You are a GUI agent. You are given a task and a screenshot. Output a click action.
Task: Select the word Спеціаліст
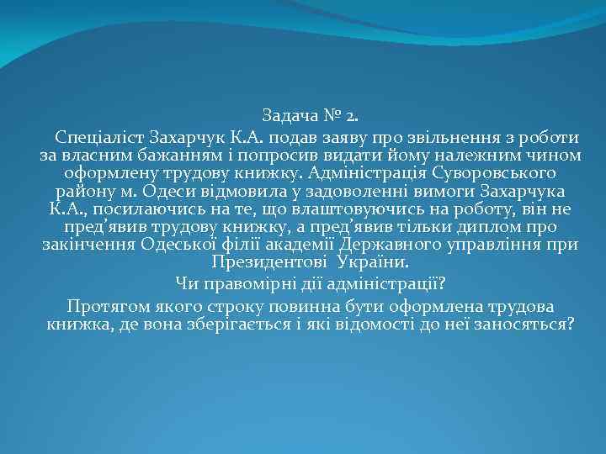(99, 136)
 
